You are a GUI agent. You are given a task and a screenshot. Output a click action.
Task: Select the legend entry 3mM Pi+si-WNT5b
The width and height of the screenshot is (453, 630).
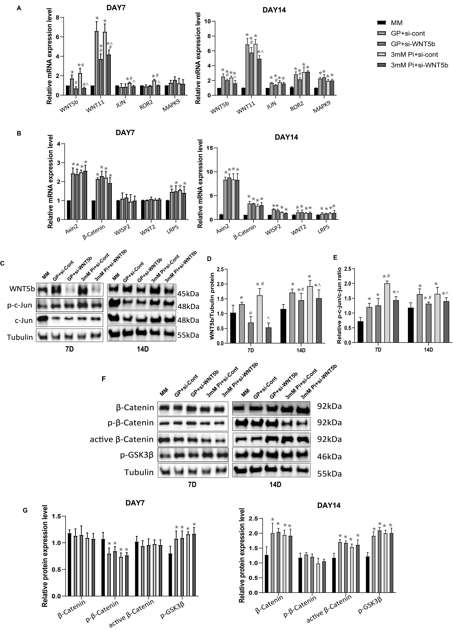click(419, 65)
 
